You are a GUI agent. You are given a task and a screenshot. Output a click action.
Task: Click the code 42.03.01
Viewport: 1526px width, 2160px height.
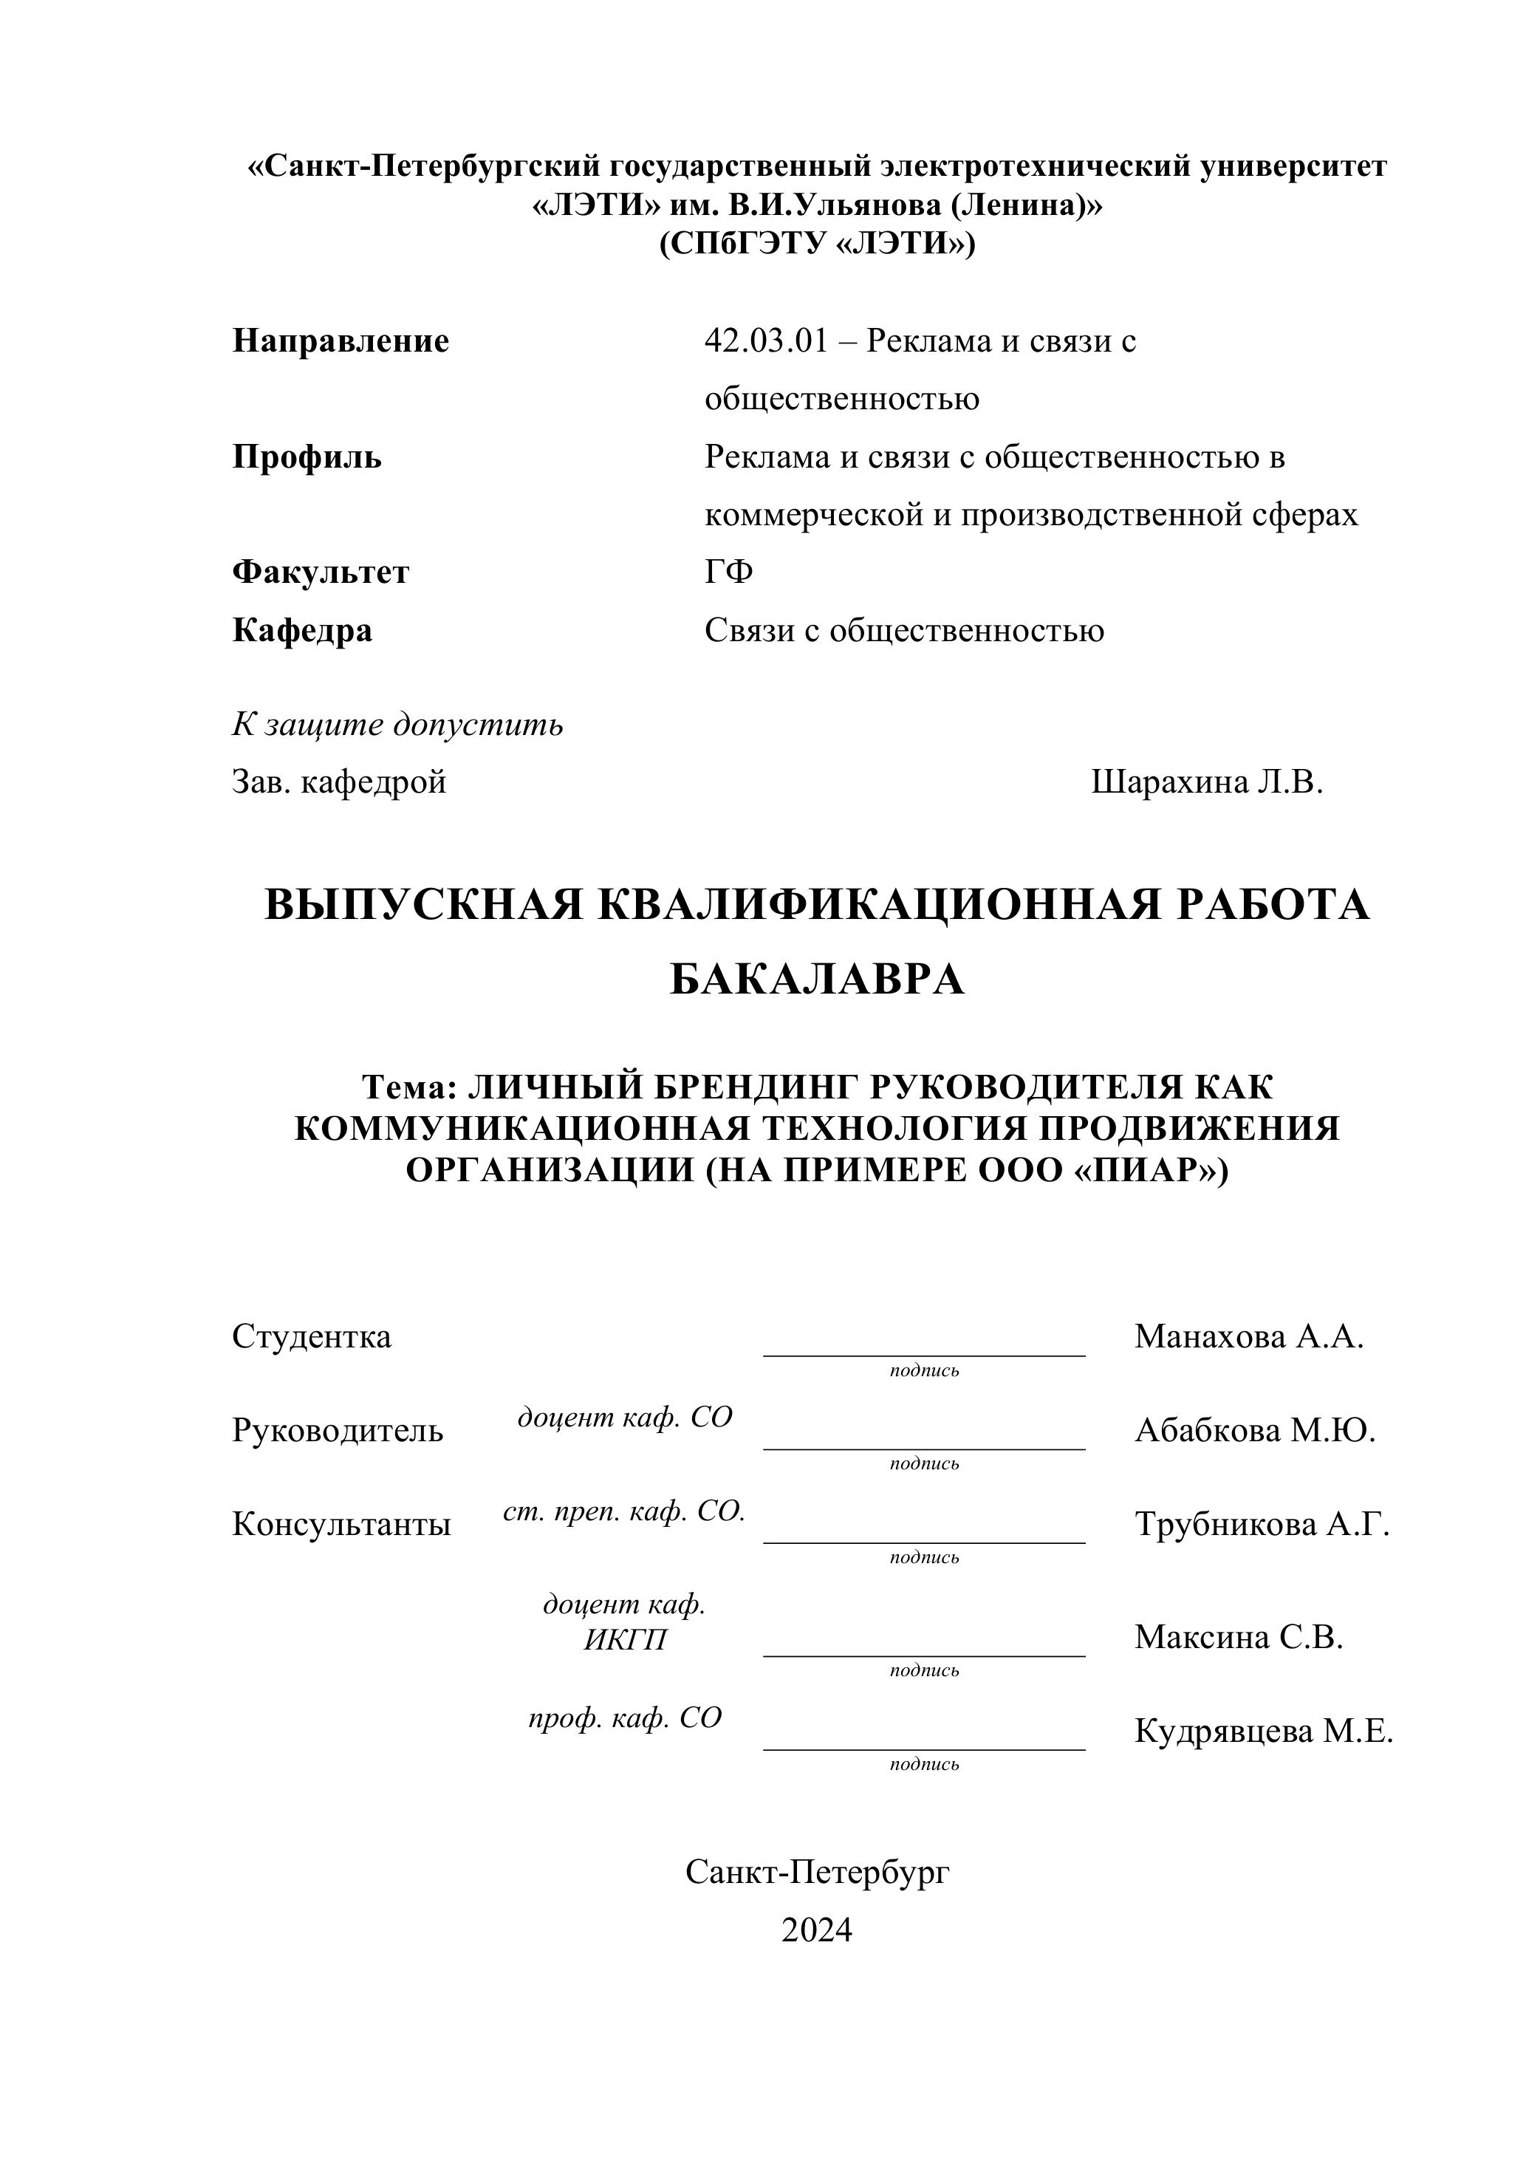pyautogui.click(x=766, y=341)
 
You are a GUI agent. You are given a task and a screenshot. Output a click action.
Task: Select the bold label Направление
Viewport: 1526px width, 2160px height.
pyautogui.click(x=341, y=341)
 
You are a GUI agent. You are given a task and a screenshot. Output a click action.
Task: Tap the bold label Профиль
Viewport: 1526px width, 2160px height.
pyautogui.click(x=307, y=457)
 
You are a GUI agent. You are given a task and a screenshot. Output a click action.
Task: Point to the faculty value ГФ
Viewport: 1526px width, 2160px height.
pyautogui.click(x=729, y=572)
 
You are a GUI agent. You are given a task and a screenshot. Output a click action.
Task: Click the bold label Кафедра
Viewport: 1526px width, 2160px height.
pyautogui.click(x=302, y=630)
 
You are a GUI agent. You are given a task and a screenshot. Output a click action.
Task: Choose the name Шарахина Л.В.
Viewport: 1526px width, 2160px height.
pyautogui.click(x=1207, y=782)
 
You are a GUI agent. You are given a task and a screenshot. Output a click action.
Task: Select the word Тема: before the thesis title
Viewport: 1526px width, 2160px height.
pyautogui.click(x=409, y=1087)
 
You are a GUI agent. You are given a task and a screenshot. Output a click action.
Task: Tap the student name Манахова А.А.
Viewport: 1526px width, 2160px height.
pyautogui.click(x=1248, y=1337)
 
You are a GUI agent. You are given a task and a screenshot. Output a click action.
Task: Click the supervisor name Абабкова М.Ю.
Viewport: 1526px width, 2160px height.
pyautogui.click(x=1255, y=1431)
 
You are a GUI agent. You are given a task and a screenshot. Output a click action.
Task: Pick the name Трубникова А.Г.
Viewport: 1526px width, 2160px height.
pyautogui.click(x=1262, y=1524)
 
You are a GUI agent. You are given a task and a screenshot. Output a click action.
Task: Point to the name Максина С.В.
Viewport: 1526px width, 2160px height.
pyautogui.click(x=1238, y=1638)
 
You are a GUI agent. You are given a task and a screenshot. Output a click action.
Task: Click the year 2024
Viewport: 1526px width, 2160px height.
pyautogui.click(x=817, y=1930)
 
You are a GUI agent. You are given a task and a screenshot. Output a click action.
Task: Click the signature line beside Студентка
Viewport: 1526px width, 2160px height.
pyautogui.click(x=924, y=1354)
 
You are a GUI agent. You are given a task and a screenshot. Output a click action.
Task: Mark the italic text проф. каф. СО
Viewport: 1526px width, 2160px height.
pyautogui.click(x=625, y=1718)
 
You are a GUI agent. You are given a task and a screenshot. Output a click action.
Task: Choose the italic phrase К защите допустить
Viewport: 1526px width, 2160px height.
pyautogui.click(x=398, y=725)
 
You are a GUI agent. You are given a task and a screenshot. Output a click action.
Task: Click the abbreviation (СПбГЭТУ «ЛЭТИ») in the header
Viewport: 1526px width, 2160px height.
pyautogui.click(x=817, y=245)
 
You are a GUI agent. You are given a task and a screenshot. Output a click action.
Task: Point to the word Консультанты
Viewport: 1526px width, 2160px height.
pyautogui.click(x=341, y=1525)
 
